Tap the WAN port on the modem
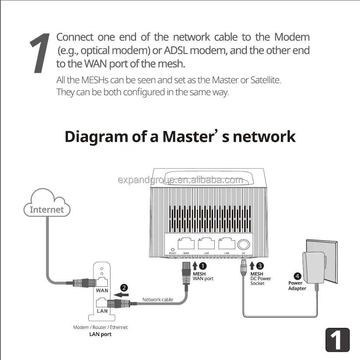coord(102,282)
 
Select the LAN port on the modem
coord(102,302)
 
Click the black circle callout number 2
coord(124,288)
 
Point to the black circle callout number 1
coord(203,266)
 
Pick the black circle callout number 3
coord(260,266)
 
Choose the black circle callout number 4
coord(297,276)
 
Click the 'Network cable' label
coord(157,300)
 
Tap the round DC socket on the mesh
coord(244,244)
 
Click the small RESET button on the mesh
coord(172,250)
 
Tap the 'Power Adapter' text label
coord(297,286)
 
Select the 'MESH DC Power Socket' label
coord(260,279)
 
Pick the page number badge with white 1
coord(337,340)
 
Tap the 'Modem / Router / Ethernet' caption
coord(100,327)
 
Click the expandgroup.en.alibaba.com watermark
coord(180,180)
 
